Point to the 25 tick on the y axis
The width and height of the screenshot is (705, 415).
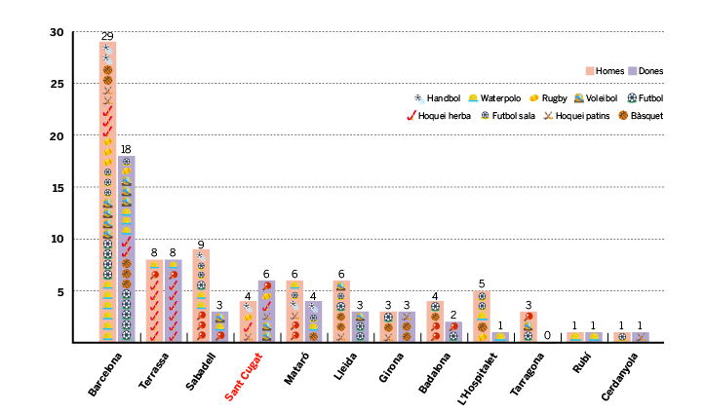pyautogui.click(x=56, y=84)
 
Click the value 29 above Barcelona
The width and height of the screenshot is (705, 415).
pyautogui.click(x=107, y=35)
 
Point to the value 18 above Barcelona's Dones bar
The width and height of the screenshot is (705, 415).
pyautogui.click(x=127, y=149)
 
